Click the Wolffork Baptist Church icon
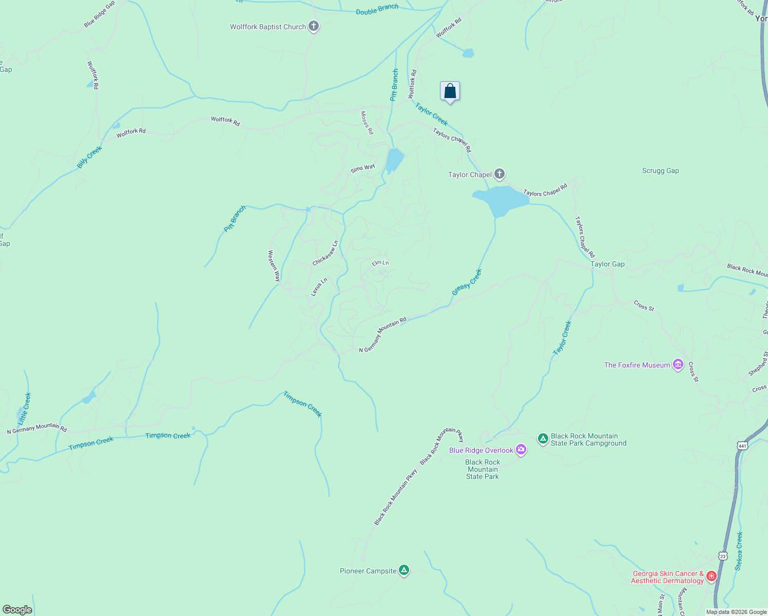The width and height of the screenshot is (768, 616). (x=314, y=26)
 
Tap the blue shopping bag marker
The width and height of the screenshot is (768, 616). (x=450, y=91)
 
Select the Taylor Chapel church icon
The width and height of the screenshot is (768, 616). (x=500, y=174)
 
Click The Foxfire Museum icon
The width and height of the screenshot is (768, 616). (x=678, y=364)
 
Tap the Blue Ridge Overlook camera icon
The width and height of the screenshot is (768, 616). (x=521, y=450)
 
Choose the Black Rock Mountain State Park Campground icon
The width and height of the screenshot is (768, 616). (x=543, y=439)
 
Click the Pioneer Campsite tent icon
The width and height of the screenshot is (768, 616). (x=404, y=570)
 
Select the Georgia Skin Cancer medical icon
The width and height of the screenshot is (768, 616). (x=711, y=576)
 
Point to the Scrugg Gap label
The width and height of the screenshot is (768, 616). (x=660, y=171)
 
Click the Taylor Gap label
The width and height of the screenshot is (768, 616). (x=607, y=264)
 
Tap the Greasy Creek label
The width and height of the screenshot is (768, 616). (x=467, y=282)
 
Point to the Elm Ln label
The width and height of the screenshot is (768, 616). (x=380, y=263)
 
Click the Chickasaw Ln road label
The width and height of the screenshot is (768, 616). (x=325, y=253)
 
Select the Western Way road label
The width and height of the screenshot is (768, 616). (x=274, y=265)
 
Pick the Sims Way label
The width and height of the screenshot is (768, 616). (x=363, y=168)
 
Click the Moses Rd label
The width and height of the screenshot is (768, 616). (x=367, y=123)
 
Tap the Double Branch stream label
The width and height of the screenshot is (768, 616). (x=377, y=9)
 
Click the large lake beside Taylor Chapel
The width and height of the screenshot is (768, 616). (x=501, y=199)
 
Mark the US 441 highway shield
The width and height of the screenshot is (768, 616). (x=742, y=445)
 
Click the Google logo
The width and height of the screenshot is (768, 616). (x=17, y=610)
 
